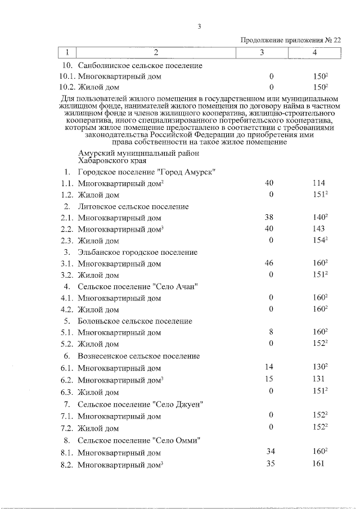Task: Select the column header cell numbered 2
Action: pos(156,53)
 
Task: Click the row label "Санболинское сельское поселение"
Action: pos(140,65)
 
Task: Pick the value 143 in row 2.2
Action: pos(318,229)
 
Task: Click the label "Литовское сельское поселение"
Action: pos(134,206)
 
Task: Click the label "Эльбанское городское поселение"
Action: pos(138,252)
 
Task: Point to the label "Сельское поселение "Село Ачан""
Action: pos(139,286)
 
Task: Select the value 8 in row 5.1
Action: pos(271,332)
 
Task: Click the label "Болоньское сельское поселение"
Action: pos(136,321)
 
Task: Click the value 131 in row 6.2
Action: pos(318,379)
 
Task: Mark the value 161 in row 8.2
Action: pos(318,465)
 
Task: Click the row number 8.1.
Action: pos(67,453)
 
